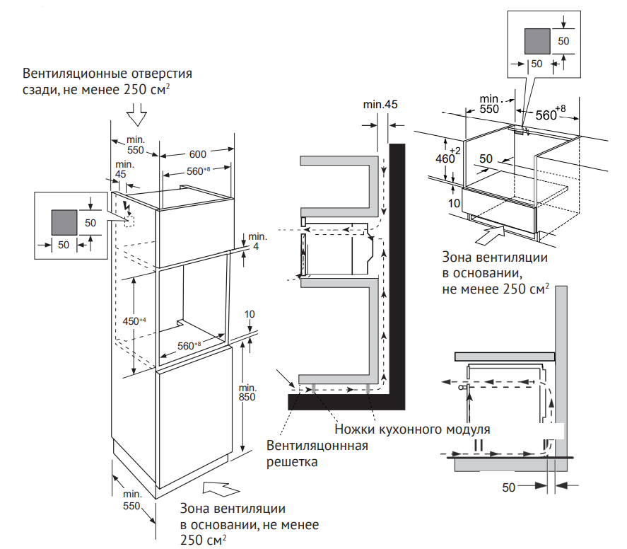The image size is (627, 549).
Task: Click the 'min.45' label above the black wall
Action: [x=381, y=105]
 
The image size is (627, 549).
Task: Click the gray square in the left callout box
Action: [x=64, y=222]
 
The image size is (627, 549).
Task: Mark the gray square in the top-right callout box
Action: [x=537, y=41]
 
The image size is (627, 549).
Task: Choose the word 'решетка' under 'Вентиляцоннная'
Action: [x=292, y=462]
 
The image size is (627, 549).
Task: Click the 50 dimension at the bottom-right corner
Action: [x=509, y=487]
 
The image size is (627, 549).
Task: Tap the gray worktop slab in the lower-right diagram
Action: [x=504, y=357]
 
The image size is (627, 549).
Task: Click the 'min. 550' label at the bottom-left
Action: [x=133, y=499]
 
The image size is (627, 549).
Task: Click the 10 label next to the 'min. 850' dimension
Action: [x=250, y=314]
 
